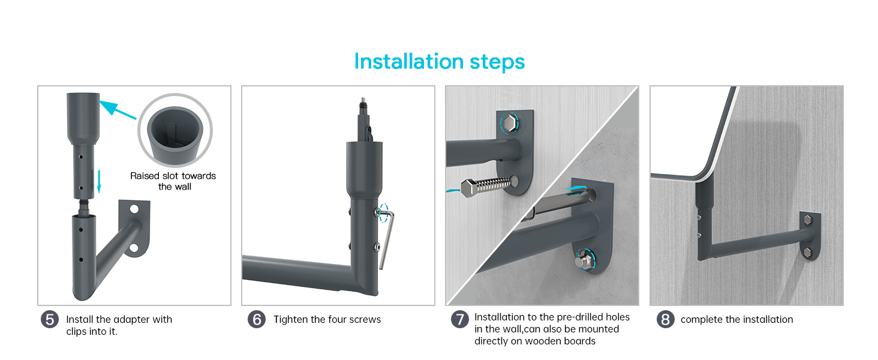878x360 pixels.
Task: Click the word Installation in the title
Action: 409,62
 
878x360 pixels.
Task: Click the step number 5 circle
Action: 50,320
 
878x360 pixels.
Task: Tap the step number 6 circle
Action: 257,320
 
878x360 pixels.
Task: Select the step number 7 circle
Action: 460,319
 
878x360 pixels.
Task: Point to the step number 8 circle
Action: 666,320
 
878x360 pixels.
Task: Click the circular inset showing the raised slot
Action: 175,130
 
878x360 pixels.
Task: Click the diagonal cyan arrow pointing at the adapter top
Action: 117,109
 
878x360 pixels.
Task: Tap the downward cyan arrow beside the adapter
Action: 99,181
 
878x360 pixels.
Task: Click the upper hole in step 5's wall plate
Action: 134,209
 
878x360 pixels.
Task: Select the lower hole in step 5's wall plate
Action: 134,248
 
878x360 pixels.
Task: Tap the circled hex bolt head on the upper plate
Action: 509,124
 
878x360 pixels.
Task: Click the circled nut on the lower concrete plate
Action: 585,260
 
